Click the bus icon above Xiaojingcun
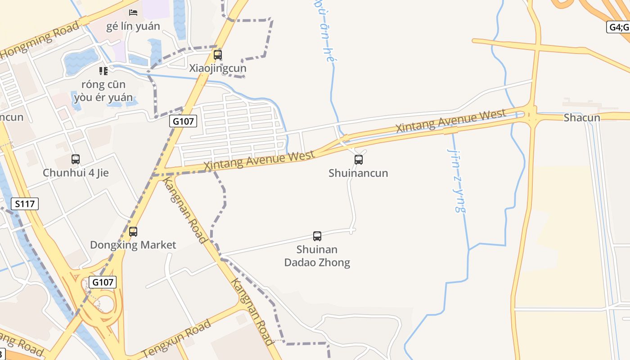click(x=218, y=55)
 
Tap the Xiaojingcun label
click(x=218, y=68)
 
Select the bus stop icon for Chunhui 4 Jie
click(x=76, y=159)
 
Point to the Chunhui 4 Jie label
click(x=76, y=173)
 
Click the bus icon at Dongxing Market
click(x=133, y=232)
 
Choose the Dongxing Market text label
click(x=133, y=245)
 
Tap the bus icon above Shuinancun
click(x=359, y=159)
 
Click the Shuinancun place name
click(x=358, y=173)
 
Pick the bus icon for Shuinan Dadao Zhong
click(x=317, y=236)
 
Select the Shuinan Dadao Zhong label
click(x=317, y=256)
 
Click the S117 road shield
click(x=25, y=204)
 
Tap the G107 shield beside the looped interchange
click(x=103, y=282)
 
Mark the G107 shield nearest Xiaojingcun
click(x=183, y=121)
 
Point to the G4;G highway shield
click(x=618, y=27)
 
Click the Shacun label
click(x=582, y=118)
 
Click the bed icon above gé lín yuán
click(x=133, y=12)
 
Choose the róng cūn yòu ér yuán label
click(x=103, y=91)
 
